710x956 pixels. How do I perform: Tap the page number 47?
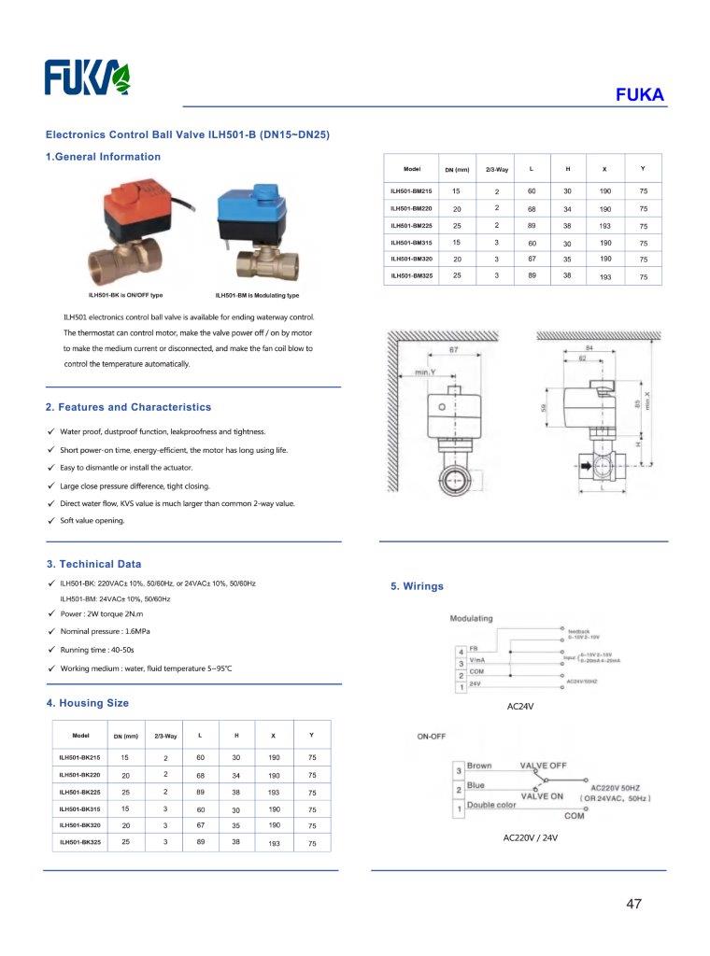click(634, 904)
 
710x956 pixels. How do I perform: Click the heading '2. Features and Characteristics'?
click(129, 407)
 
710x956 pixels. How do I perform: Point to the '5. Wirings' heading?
click(417, 586)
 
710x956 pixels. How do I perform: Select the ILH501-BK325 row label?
click(79, 842)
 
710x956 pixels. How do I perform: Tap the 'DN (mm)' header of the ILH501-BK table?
click(125, 737)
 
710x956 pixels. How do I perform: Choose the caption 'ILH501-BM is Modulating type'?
click(257, 295)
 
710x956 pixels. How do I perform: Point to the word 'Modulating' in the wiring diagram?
click(472, 619)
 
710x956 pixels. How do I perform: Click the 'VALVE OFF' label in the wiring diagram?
click(544, 765)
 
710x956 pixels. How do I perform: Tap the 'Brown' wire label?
click(479, 766)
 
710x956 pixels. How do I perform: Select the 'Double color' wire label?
click(491, 805)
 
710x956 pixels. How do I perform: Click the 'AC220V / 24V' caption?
click(530, 837)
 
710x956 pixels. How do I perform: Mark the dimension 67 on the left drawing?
click(452, 349)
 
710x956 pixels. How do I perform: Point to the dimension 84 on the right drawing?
click(589, 347)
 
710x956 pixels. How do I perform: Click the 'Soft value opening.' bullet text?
click(92, 520)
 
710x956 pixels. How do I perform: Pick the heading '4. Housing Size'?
click(88, 703)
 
